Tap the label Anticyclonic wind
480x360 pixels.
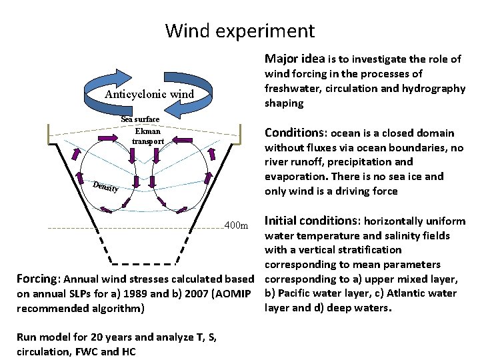149,94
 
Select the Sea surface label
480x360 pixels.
140,119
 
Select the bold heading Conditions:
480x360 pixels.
296,133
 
